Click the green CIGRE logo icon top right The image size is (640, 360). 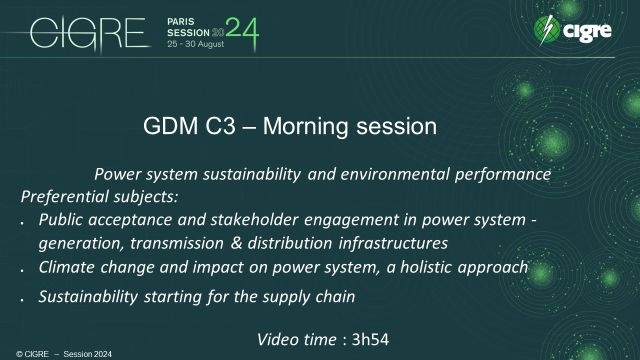click(549, 31)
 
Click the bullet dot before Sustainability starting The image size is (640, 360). click(24, 298)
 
